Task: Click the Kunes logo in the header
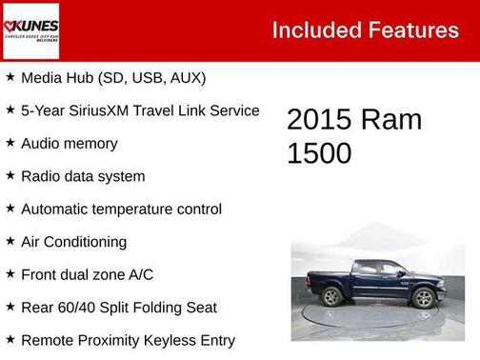(30, 30)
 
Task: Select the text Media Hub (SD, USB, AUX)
(113, 77)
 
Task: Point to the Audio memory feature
(70, 143)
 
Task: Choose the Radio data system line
(83, 176)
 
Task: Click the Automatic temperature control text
(121, 209)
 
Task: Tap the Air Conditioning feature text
(73, 242)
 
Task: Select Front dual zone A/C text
(87, 274)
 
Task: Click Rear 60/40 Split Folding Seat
(119, 308)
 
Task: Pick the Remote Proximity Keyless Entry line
(128, 340)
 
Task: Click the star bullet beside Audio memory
(10, 142)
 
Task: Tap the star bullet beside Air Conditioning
(10, 241)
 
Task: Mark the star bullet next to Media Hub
(10, 76)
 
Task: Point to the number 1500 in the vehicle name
(319, 153)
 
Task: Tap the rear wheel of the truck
(332, 296)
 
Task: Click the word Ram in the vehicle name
(391, 120)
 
